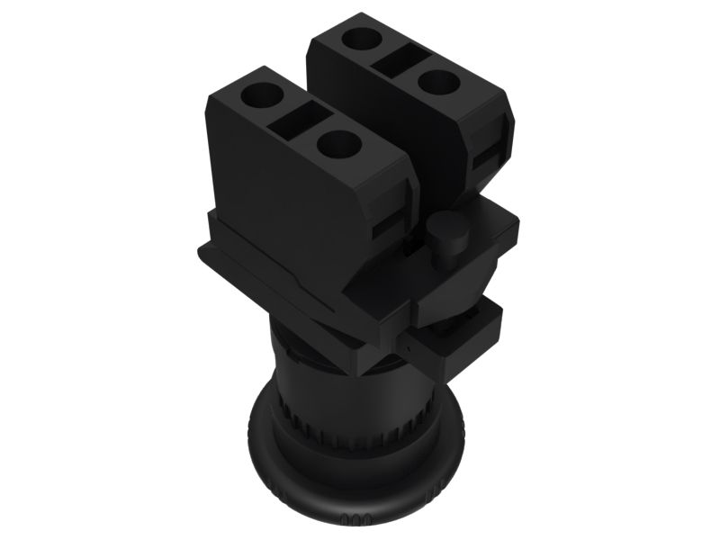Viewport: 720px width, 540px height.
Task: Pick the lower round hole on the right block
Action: pyautogui.click(x=436, y=83)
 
